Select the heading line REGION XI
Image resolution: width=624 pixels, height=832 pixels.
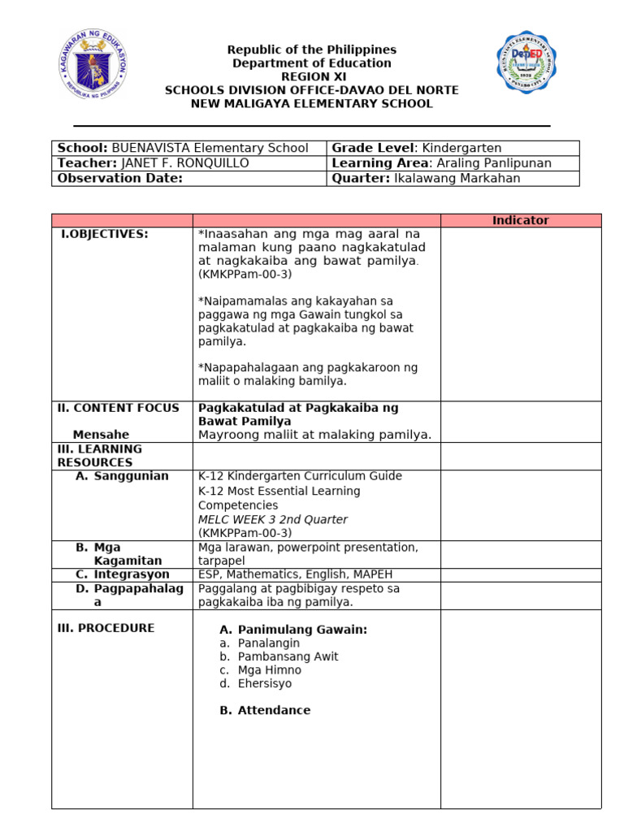pos(311,76)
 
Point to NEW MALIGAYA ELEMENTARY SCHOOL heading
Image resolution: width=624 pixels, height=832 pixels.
pos(311,104)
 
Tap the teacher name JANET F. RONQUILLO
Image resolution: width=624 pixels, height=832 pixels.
pos(184,163)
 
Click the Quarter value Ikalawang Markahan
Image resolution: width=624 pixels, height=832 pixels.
pos(457,178)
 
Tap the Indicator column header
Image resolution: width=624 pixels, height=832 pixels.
pos(521,220)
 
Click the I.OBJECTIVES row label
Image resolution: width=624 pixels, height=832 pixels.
pos(105,234)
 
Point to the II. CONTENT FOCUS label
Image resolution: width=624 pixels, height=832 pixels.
pos(118,408)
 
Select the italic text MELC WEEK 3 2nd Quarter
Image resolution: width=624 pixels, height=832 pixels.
pos(272,519)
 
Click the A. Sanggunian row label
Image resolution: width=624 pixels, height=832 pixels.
pos(122,476)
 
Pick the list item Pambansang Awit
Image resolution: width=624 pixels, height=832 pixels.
pos(288,656)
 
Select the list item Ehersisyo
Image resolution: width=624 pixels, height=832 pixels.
pos(264,683)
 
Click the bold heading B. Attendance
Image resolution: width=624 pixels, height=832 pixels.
pos(265,710)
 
